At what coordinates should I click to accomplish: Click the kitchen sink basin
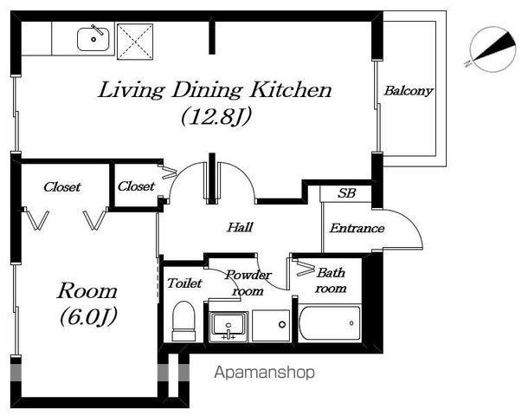pyautogui.click(x=93, y=39)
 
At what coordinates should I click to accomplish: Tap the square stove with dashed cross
pyautogui.click(x=135, y=42)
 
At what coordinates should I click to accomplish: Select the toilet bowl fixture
pyautogui.click(x=184, y=321)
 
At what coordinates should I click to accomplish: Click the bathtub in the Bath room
pyautogui.click(x=330, y=323)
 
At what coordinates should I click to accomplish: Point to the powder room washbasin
pyautogui.click(x=229, y=327)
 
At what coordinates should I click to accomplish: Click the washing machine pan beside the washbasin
pyautogui.click(x=271, y=326)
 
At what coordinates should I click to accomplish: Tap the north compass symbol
pyautogui.click(x=493, y=49)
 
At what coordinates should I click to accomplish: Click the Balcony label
pyautogui.click(x=409, y=91)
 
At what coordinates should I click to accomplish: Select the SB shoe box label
pyautogui.click(x=346, y=193)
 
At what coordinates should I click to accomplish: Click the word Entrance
pyautogui.click(x=357, y=228)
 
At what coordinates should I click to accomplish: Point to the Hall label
pyautogui.click(x=240, y=227)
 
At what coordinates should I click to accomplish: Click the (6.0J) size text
pyautogui.click(x=88, y=316)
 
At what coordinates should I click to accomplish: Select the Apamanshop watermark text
pyautogui.click(x=265, y=373)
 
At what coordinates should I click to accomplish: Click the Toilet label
pyautogui.click(x=184, y=283)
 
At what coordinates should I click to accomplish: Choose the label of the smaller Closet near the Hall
pyautogui.click(x=136, y=185)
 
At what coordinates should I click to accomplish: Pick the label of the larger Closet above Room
pyautogui.click(x=62, y=186)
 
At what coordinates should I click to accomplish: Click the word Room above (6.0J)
pyautogui.click(x=87, y=291)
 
